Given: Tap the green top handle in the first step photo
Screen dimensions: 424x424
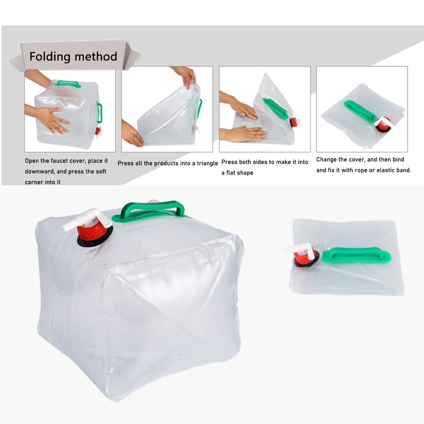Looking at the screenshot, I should (68, 83).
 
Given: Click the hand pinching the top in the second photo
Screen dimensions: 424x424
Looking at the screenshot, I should (186, 76).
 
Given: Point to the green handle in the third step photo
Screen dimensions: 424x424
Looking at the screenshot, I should (276, 108).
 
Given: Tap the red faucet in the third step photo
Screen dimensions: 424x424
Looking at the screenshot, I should (294, 123).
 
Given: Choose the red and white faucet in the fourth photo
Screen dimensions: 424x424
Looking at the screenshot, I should (384, 123).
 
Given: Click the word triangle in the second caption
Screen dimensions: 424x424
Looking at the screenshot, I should (207, 163).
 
